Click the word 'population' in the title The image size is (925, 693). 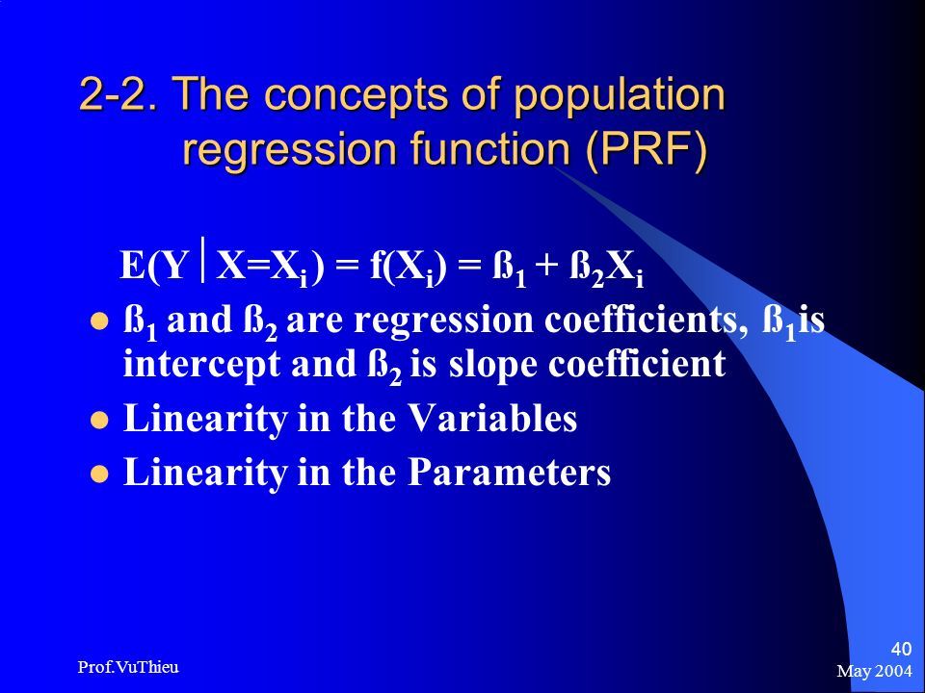point(620,95)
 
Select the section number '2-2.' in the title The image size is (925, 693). point(119,93)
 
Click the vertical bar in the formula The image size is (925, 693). point(203,259)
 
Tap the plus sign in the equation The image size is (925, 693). point(547,267)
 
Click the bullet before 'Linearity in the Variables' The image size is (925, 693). point(99,421)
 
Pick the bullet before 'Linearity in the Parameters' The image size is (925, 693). point(99,474)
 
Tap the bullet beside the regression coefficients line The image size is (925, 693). point(99,321)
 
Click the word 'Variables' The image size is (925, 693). point(492,418)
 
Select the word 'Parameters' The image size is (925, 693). point(510,472)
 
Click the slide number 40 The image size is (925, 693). point(901,649)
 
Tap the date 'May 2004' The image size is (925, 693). point(874,670)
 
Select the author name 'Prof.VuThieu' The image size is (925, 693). point(128,667)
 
